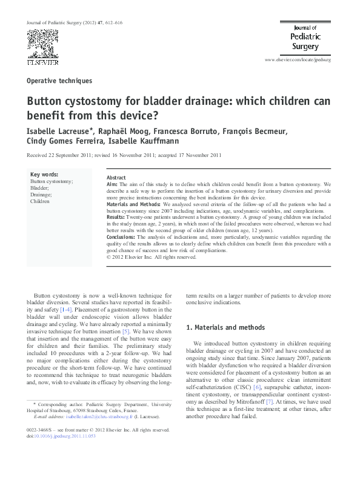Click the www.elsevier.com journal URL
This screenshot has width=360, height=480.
pos(299,62)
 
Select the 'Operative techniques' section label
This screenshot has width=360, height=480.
pos(59,81)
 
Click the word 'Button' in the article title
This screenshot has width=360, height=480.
pos(44,101)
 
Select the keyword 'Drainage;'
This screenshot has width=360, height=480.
pos(41,195)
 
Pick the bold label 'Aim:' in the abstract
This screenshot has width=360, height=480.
pos(112,184)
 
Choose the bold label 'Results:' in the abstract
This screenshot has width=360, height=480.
pos(116,216)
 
